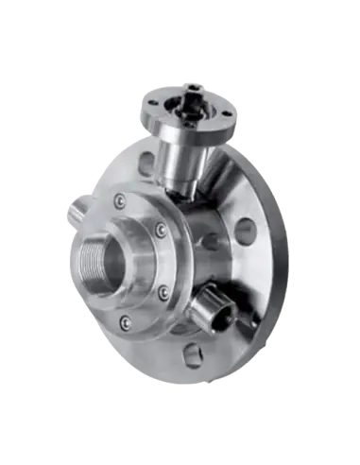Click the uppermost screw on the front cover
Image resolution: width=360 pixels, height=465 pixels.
[x=120, y=200]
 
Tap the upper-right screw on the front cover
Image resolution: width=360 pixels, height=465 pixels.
[x=163, y=230]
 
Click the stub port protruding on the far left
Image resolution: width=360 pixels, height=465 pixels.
[x=71, y=212]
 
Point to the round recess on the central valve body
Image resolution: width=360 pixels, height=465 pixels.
[x=210, y=241]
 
